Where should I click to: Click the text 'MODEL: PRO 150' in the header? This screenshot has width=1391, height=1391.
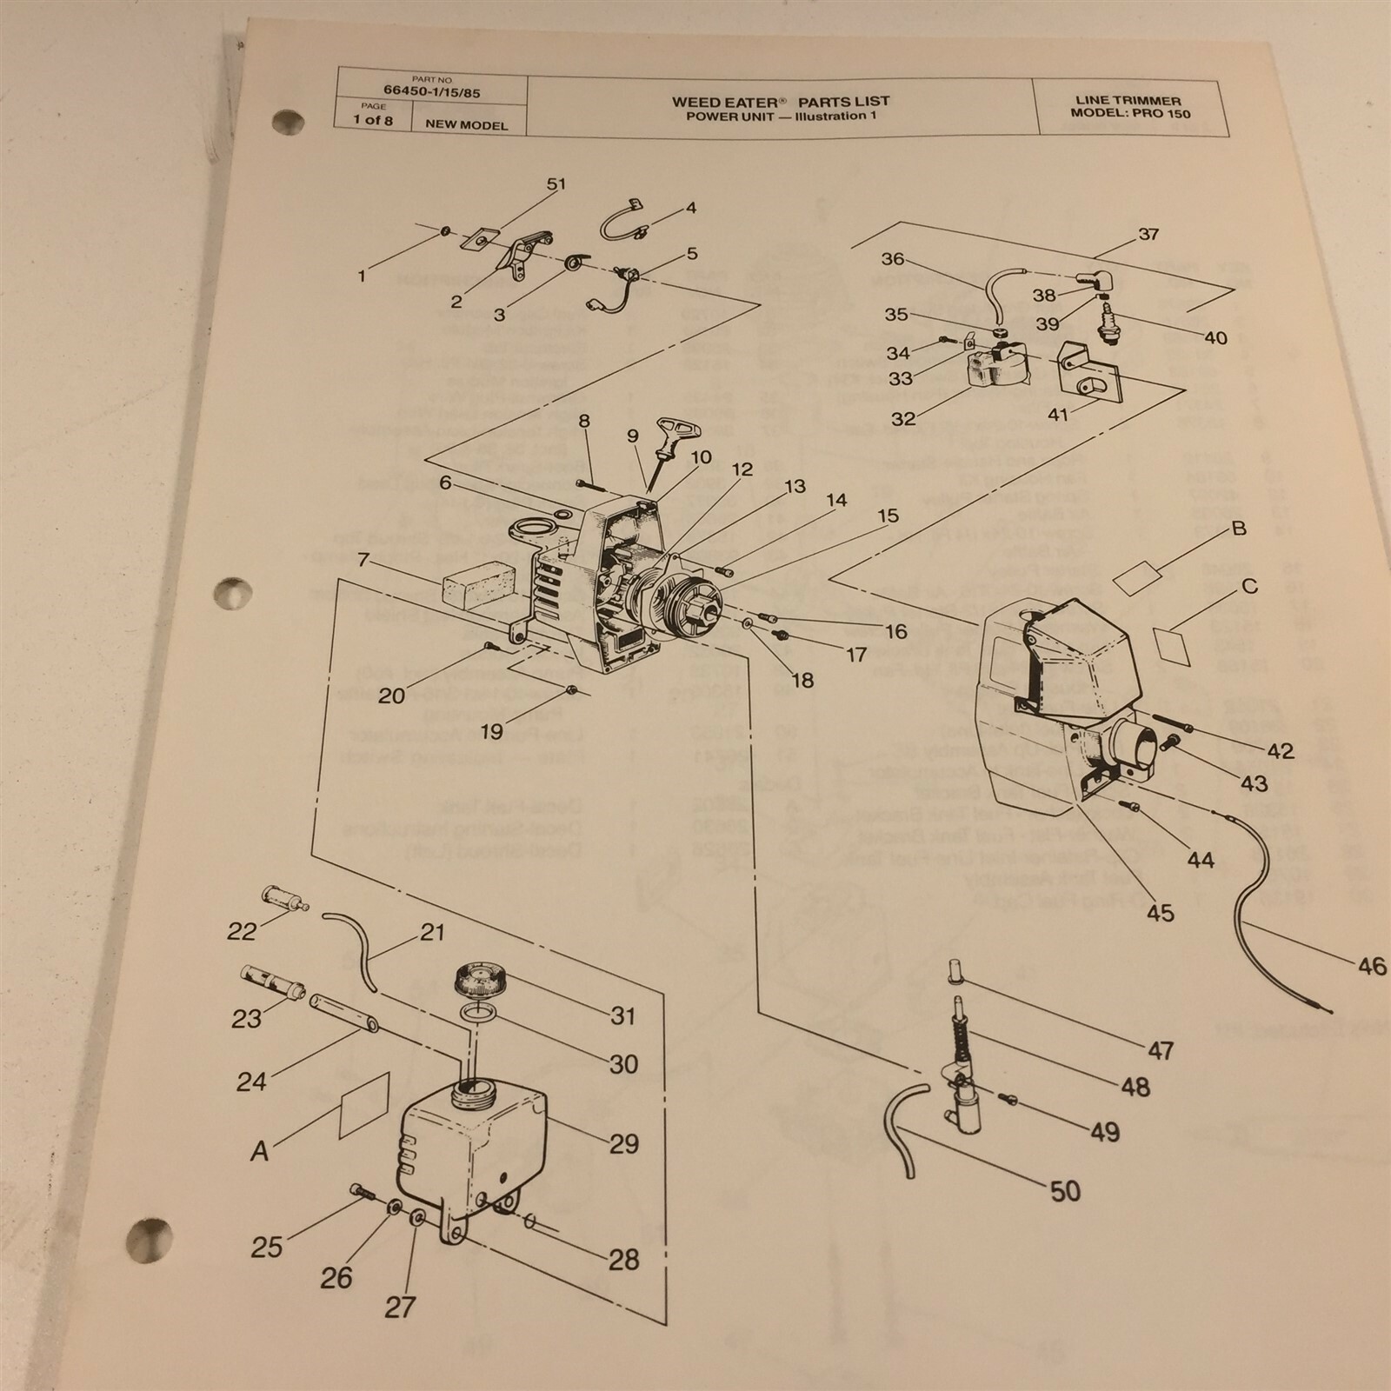point(1130,114)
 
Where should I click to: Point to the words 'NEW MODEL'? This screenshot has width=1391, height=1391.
point(466,124)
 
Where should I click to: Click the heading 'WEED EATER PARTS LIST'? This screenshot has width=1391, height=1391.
point(780,102)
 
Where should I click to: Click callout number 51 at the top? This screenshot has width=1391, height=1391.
point(556,184)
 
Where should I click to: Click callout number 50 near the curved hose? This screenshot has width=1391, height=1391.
point(1065,1189)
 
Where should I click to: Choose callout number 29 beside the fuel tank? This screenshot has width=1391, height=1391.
point(624,1143)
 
